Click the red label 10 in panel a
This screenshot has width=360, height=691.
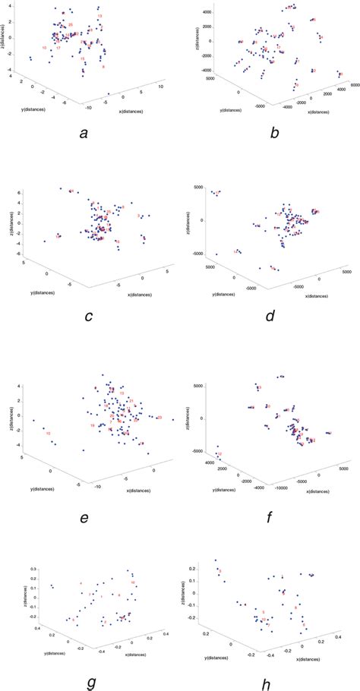(45, 48)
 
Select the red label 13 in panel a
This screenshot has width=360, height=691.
(99, 16)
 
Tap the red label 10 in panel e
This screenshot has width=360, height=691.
(48, 434)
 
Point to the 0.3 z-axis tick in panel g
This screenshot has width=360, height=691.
(32, 568)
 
